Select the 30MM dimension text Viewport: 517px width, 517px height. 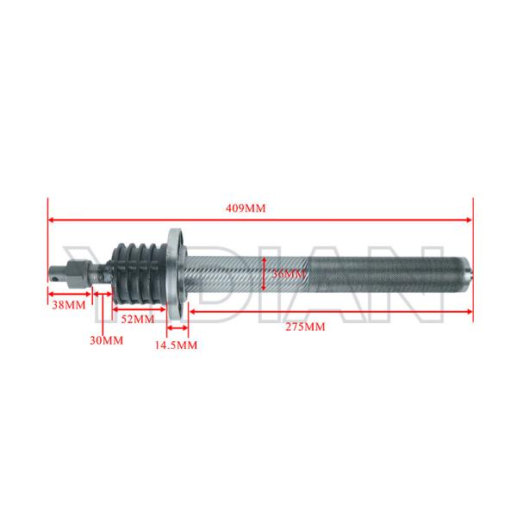[x=107, y=340]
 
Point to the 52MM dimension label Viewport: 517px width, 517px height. [x=137, y=319]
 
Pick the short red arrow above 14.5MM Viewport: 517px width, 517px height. [x=178, y=327]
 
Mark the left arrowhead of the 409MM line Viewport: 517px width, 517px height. [x=51, y=219]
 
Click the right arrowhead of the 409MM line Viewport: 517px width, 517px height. [x=470, y=219]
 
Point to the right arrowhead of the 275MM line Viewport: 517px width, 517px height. [x=470, y=310]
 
